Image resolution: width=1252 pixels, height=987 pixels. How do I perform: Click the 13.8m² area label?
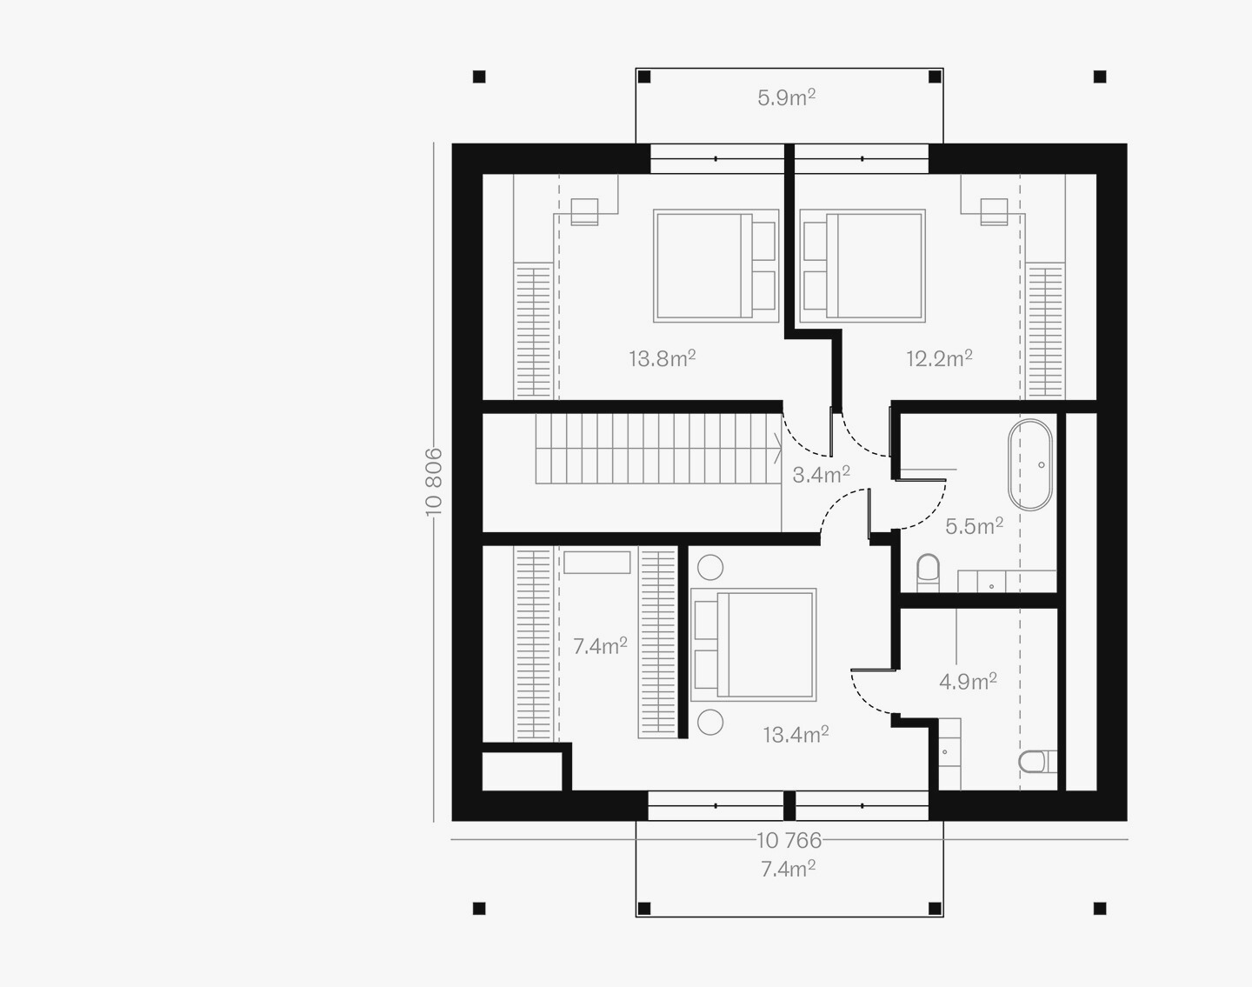(x=662, y=358)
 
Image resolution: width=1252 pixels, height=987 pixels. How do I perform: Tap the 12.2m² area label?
(x=939, y=358)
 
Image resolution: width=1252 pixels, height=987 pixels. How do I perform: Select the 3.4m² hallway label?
(x=821, y=474)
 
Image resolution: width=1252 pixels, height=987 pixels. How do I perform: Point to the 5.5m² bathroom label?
(x=974, y=525)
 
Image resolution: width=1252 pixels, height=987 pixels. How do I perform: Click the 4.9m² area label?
(x=968, y=681)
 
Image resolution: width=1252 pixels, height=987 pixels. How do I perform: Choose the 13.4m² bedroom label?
(x=796, y=735)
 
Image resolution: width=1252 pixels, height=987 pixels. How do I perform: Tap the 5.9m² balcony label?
(x=786, y=97)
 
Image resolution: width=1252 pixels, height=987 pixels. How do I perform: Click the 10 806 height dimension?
(x=434, y=482)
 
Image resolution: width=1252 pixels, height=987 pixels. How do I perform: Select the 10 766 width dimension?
(x=789, y=840)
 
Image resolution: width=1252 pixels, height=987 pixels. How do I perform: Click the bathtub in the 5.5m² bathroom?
(x=1030, y=465)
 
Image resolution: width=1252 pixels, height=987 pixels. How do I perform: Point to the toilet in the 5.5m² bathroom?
(x=928, y=573)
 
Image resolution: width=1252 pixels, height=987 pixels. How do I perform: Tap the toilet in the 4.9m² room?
(x=1037, y=762)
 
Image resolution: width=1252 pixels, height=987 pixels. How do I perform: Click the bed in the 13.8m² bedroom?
(x=716, y=266)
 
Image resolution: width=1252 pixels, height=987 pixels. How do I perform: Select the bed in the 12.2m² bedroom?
(x=862, y=266)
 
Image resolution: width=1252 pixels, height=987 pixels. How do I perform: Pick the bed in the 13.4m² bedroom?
(x=754, y=644)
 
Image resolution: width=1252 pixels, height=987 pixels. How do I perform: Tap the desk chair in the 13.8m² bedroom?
(x=584, y=212)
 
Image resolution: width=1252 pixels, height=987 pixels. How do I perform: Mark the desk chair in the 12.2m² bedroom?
(x=995, y=212)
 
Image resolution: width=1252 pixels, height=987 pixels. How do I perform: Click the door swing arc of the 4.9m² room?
(x=862, y=698)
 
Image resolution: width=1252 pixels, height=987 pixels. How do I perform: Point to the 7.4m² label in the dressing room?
(x=600, y=646)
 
